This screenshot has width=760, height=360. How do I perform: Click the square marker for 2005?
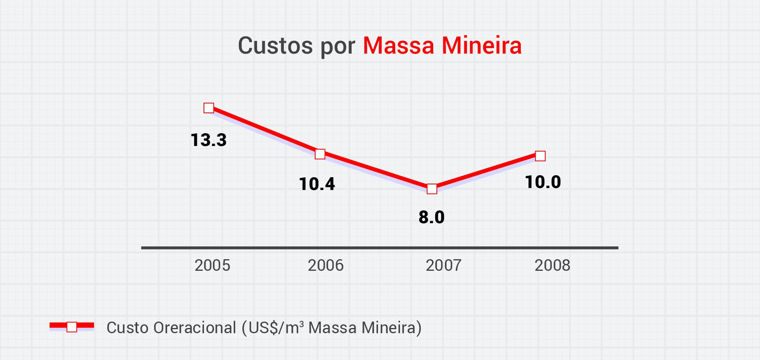coord(209,108)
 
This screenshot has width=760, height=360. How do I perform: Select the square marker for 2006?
coord(320,154)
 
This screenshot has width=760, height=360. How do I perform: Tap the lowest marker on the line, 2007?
coord(432,189)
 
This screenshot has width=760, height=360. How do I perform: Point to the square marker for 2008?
coord(540,156)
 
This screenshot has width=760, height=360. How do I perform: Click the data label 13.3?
coord(208,140)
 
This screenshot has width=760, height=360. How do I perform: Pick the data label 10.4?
coord(317,184)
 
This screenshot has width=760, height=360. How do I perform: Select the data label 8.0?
coord(432,217)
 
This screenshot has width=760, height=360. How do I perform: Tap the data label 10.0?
coord(543,182)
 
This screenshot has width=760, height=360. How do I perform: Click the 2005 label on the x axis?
coord(212,266)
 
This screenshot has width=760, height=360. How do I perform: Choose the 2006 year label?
coord(326,266)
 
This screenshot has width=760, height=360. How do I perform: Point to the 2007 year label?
coord(444,266)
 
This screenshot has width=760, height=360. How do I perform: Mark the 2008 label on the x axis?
coord(552,266)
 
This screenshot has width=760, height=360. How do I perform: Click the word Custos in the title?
coord(275,46)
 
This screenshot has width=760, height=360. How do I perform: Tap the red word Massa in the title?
coord(398,46)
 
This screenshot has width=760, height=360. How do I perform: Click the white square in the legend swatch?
coord(72,327)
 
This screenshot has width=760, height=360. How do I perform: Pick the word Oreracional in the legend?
coord(195,328)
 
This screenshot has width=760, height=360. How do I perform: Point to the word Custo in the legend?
coord(128,328)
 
